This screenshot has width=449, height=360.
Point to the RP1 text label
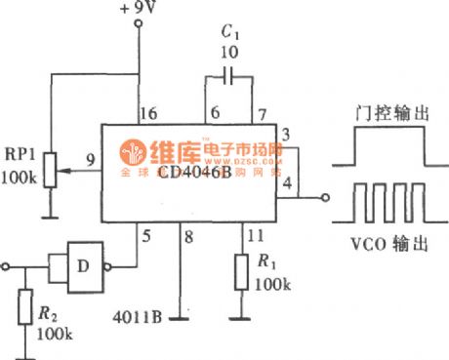(19, 154)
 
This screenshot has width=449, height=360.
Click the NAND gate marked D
(84, 262)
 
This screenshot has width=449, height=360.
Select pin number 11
(256, 234)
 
